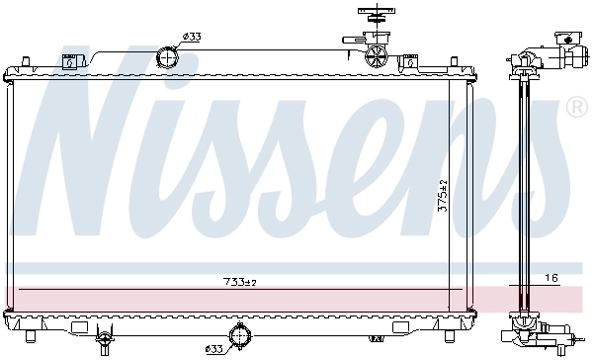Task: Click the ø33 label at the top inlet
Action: (x=192, y=37)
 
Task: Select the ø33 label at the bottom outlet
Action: (x=214, y=348)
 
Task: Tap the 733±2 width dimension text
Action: (x=238, y=283)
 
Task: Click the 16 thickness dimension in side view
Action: (x=551, y=279)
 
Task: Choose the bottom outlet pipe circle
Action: (x=239, y=338)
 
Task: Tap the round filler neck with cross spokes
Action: (x=377, y=54)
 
